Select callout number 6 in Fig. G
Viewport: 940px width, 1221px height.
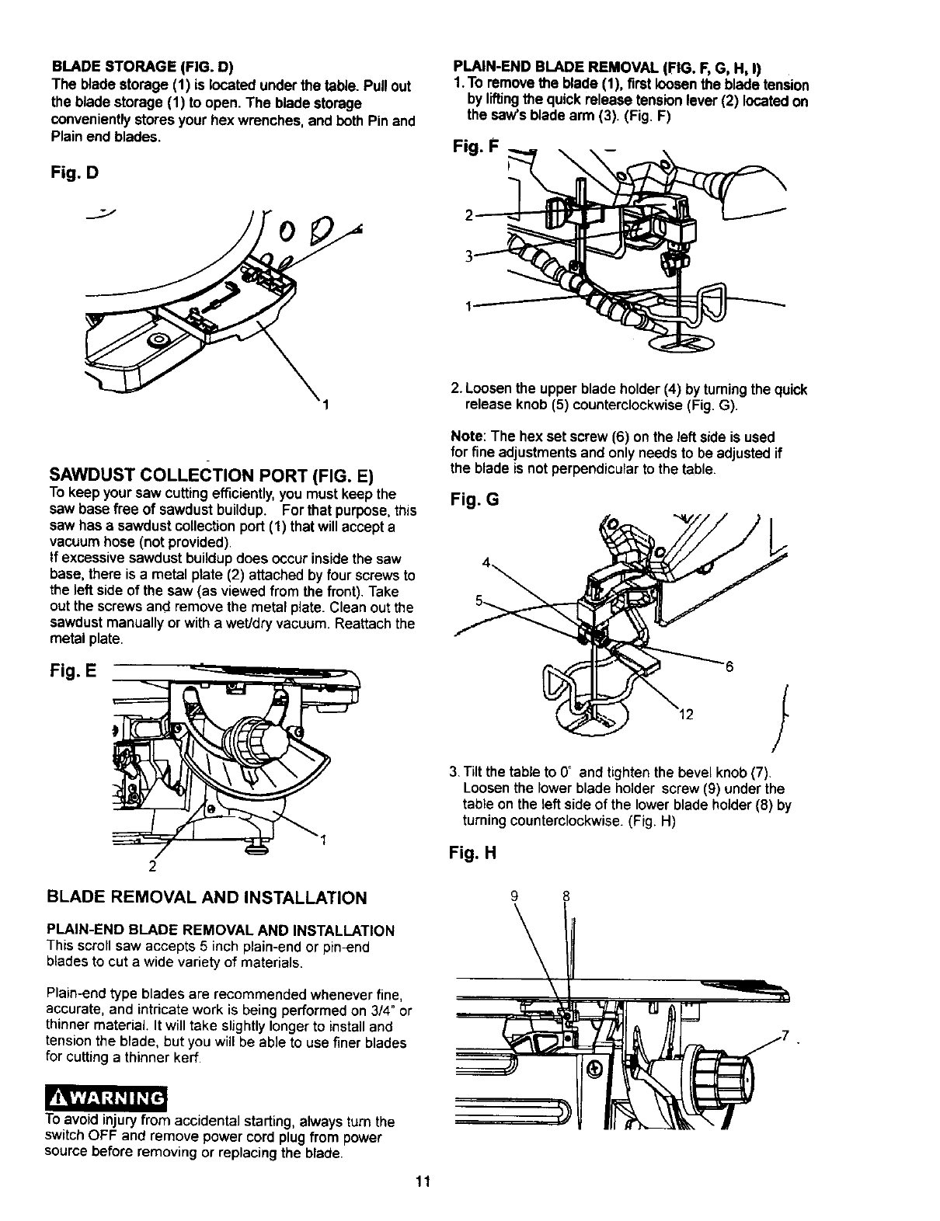(x=729, y=666)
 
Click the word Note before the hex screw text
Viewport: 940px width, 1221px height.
(x=465, y=437)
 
